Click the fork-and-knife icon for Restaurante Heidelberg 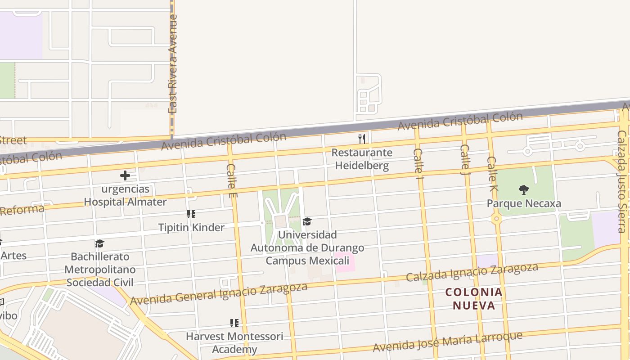coord(361,138)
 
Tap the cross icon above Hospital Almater coord(125,175)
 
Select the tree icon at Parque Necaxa coord(523,190)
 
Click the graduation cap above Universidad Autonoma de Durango coord(307,221)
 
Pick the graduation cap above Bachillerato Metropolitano coord(99,243)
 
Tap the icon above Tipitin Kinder coord(191,214)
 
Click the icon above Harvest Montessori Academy coord(234,323)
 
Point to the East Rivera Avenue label coord(173,64)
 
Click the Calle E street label coord(231,180)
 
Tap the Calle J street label coord(465,159)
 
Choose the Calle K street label coord(492,174)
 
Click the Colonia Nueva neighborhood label coord(474,299)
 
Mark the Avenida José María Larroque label coord(448,342)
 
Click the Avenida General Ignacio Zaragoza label coord(219,294)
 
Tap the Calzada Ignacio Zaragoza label coord(472,272)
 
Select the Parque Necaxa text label coord(524,203)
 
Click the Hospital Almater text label coord(125,202)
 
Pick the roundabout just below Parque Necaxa coord(497,219)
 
